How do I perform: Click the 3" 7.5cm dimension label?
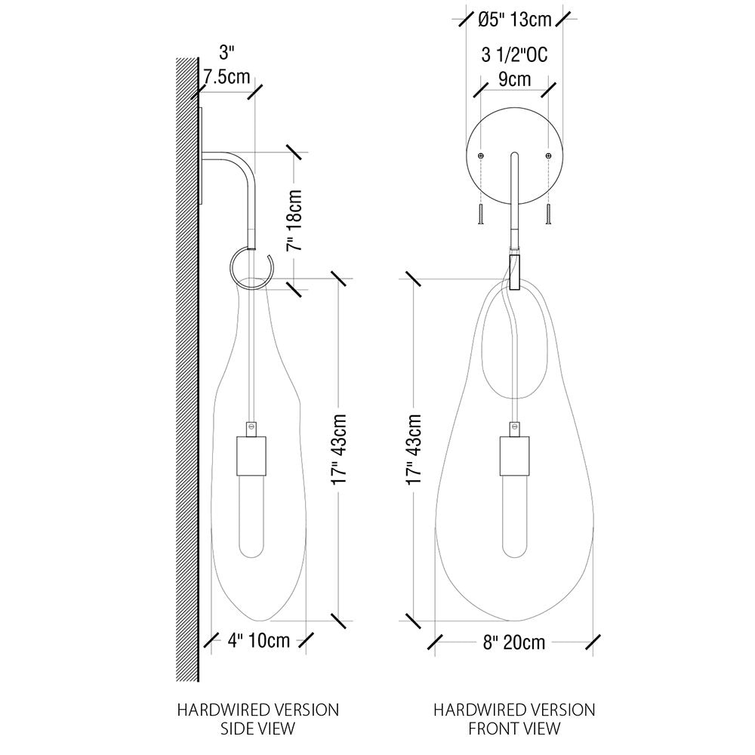click(226, 66)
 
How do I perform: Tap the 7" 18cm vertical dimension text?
click(295, 220)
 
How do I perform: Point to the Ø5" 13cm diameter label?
click(515, 20)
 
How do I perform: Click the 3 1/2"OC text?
click(513, 57)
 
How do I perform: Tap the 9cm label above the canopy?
click(513, 79)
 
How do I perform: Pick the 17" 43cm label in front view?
click(414, 448)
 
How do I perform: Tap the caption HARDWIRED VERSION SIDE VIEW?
click(257, 719)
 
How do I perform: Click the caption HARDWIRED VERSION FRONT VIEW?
click(514, 719)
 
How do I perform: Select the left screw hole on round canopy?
click(481, 155)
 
